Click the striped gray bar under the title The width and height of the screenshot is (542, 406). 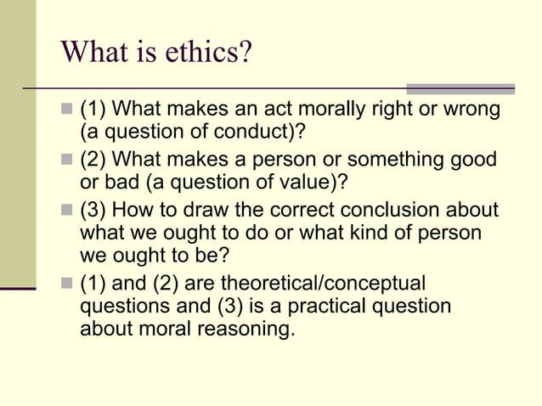click(460, 88)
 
